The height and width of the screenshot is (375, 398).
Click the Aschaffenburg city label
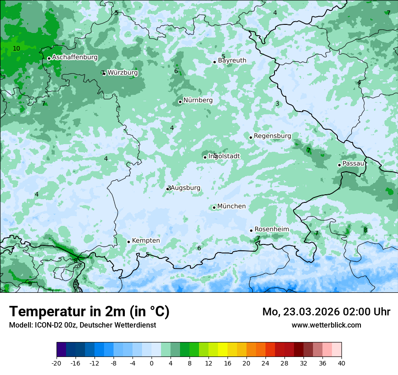75,57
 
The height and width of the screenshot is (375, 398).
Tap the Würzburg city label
123,73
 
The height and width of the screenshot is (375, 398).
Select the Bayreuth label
232,61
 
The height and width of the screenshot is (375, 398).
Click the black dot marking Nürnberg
180,102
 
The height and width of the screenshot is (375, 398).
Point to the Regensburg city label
272,136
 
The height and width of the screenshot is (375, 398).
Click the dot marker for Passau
339,165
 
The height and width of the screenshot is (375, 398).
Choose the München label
232,206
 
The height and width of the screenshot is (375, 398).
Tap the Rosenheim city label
271,230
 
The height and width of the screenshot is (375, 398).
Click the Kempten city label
146,241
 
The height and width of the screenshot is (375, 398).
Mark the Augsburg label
186,188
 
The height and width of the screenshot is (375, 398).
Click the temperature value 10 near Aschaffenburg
16,48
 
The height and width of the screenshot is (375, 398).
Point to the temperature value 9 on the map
30,284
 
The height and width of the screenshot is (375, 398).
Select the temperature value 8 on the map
365,230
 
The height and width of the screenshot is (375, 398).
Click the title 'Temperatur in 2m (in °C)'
89,312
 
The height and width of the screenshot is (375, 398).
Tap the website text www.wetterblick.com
326,325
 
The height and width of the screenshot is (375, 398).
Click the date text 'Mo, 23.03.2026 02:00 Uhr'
326,312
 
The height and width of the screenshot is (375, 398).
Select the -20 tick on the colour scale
57,363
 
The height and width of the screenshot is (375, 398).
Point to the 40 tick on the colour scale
341,363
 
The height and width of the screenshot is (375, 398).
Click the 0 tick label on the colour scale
152,363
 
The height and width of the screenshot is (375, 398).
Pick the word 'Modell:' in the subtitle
19,325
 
